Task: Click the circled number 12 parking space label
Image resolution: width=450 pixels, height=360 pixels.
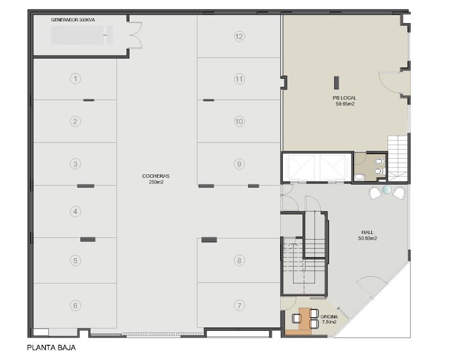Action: [239, 37]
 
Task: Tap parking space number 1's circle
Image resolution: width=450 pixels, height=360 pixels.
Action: [75, 79]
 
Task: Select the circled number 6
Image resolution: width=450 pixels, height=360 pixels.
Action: [75, 305]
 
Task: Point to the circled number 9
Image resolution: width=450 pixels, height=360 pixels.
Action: [239, 164]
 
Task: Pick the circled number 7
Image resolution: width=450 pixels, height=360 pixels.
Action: [240, 305]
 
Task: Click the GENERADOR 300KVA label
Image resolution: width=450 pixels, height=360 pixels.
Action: [73, 20]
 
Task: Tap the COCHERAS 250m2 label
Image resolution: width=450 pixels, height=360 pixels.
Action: [156, 179]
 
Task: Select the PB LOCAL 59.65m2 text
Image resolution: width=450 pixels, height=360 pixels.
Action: [345, 101]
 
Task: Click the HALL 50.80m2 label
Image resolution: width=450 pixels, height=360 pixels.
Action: [367, 235]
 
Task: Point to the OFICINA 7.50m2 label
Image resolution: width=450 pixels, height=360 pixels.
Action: [329, 319]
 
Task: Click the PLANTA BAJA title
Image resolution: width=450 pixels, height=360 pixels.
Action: [51, 348]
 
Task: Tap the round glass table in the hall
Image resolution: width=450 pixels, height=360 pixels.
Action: [387, 190]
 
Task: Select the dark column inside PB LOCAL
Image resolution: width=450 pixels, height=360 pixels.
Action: [336, 83]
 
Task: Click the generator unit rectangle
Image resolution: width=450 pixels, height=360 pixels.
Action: [82, 35]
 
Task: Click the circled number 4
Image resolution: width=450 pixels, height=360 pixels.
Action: [75, 211]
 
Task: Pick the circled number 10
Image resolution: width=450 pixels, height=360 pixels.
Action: [239, 121]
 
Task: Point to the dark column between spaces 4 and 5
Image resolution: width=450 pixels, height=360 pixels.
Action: [88, 239]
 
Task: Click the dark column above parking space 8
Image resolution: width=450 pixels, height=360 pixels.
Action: [209, 240]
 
